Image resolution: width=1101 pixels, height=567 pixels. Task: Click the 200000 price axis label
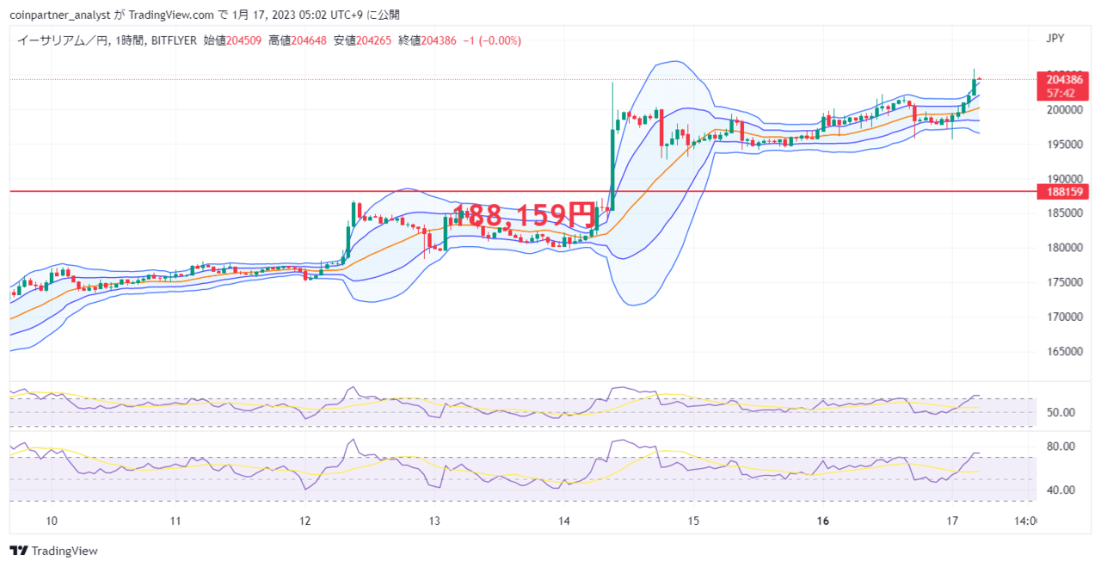tap(1065, 109)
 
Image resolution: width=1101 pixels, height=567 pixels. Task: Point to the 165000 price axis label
tap(1065, 352)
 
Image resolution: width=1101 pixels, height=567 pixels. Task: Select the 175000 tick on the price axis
tap(1065, 282)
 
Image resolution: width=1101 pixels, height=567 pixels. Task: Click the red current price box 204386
tap(1062, 86)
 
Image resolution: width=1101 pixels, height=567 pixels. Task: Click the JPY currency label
tap(1055, 39)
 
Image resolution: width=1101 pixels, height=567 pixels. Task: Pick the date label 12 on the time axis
tap(305, 521)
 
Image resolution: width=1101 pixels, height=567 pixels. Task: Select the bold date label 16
tap(823, 521)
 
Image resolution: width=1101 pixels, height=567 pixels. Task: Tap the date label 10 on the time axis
tap(52, 521)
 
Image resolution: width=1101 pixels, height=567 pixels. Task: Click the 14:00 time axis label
tap(1025, 521)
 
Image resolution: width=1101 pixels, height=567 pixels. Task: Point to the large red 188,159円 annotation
tap(524, 214)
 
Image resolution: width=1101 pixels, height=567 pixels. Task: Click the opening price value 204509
tap(243, 40)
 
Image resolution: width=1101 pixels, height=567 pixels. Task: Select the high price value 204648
tap(309, 40)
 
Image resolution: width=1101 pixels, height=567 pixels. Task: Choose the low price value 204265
tap(373, 40)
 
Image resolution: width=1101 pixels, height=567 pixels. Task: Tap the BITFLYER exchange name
tap(174, 40)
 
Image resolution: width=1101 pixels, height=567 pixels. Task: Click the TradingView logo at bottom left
tap(53, 551)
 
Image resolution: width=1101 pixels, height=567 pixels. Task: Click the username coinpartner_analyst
tap(60, 15)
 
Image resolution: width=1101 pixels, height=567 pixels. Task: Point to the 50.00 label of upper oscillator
tap(1061, 413)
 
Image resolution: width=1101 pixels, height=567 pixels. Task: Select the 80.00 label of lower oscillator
tap(1061, 447)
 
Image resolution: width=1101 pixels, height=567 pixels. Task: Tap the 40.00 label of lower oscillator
tap(1061, 490)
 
